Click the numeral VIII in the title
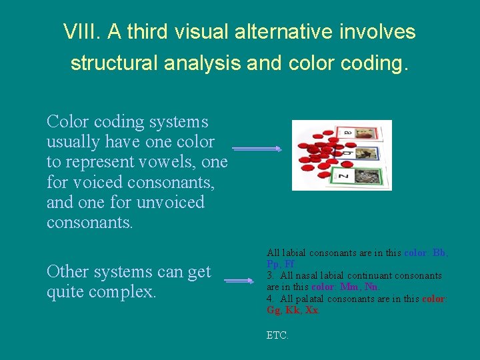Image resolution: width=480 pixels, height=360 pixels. pyautogui.click(x=77, y=32)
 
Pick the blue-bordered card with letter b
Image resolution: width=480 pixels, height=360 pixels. pyautogui.click(x=364, y=155)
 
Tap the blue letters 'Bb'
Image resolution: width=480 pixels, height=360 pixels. pyautogui.click(x=439, y=253)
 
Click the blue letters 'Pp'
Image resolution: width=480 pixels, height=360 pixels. pyautogui.click(x=273, y=264)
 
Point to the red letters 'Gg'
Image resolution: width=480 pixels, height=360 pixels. pyautogui.click(x=273, y=310)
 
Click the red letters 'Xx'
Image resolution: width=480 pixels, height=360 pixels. pyautogui.click(x=312, y=310)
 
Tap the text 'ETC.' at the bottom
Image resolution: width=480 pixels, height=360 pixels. pyautogui.click(x=277, y=335)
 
